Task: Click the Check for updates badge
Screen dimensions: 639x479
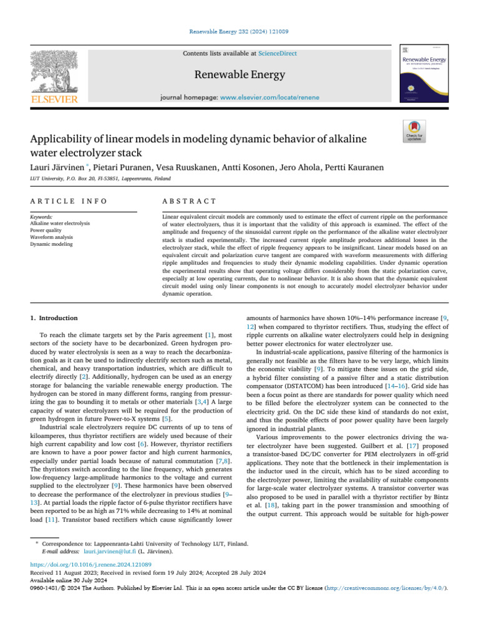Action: click(415, 133)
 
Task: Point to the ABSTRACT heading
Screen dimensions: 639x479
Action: click(189, 201)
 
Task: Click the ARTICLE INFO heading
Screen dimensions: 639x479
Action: click(69, 201)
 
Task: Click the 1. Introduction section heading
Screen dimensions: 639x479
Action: click(54, 318)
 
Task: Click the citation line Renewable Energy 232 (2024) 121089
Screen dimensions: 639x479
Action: click(239, 31)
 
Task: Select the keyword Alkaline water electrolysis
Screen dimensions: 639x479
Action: click(60, 223)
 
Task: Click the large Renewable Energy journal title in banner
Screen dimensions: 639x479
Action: click(239, 76)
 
